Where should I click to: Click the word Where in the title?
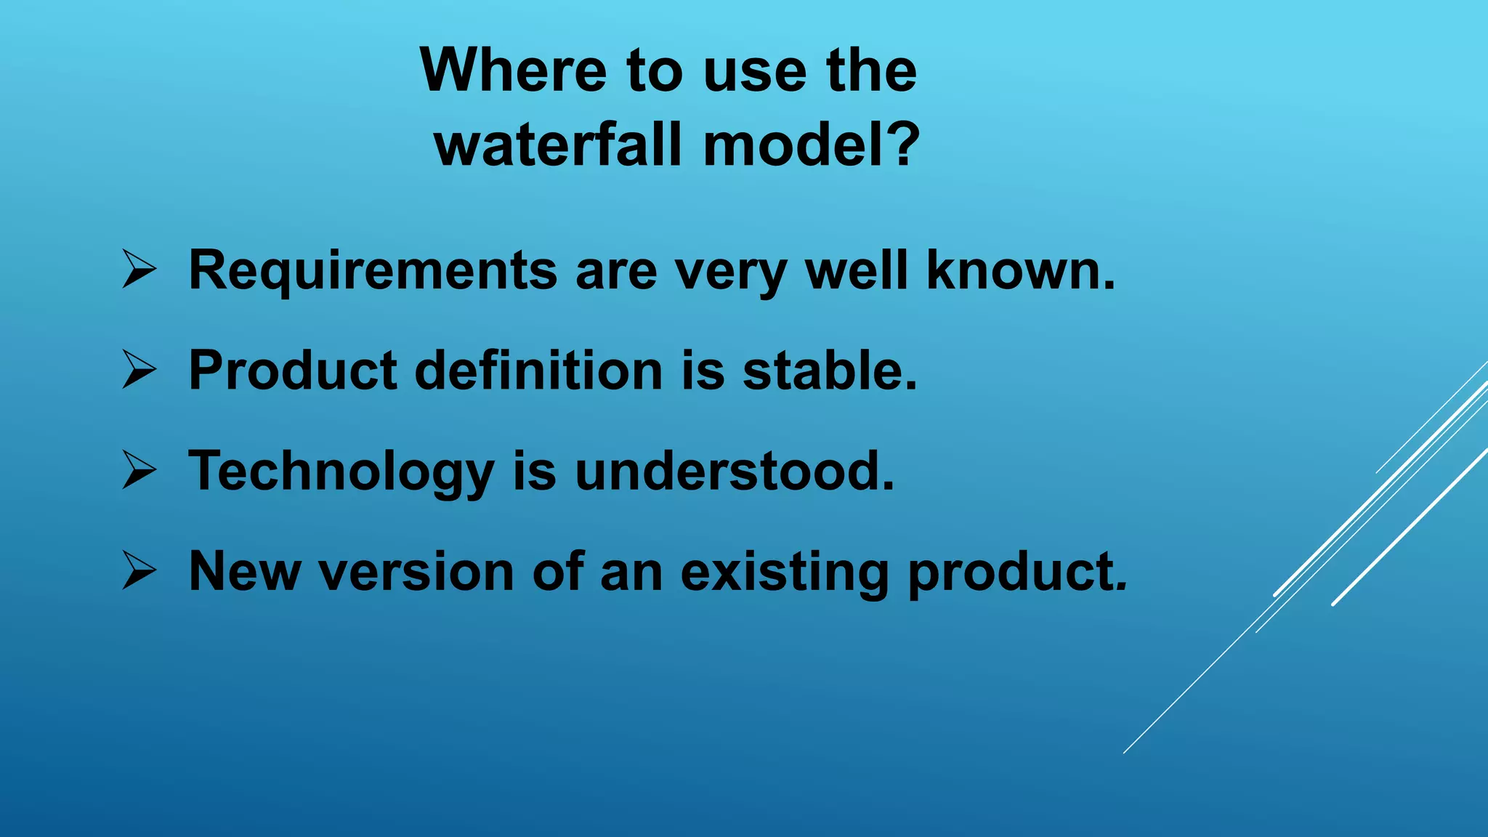513,70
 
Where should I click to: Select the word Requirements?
373,271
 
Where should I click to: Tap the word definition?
538,371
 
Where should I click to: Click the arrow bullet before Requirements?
138,269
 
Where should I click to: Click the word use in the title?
756,70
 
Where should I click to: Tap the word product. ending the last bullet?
1017,573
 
